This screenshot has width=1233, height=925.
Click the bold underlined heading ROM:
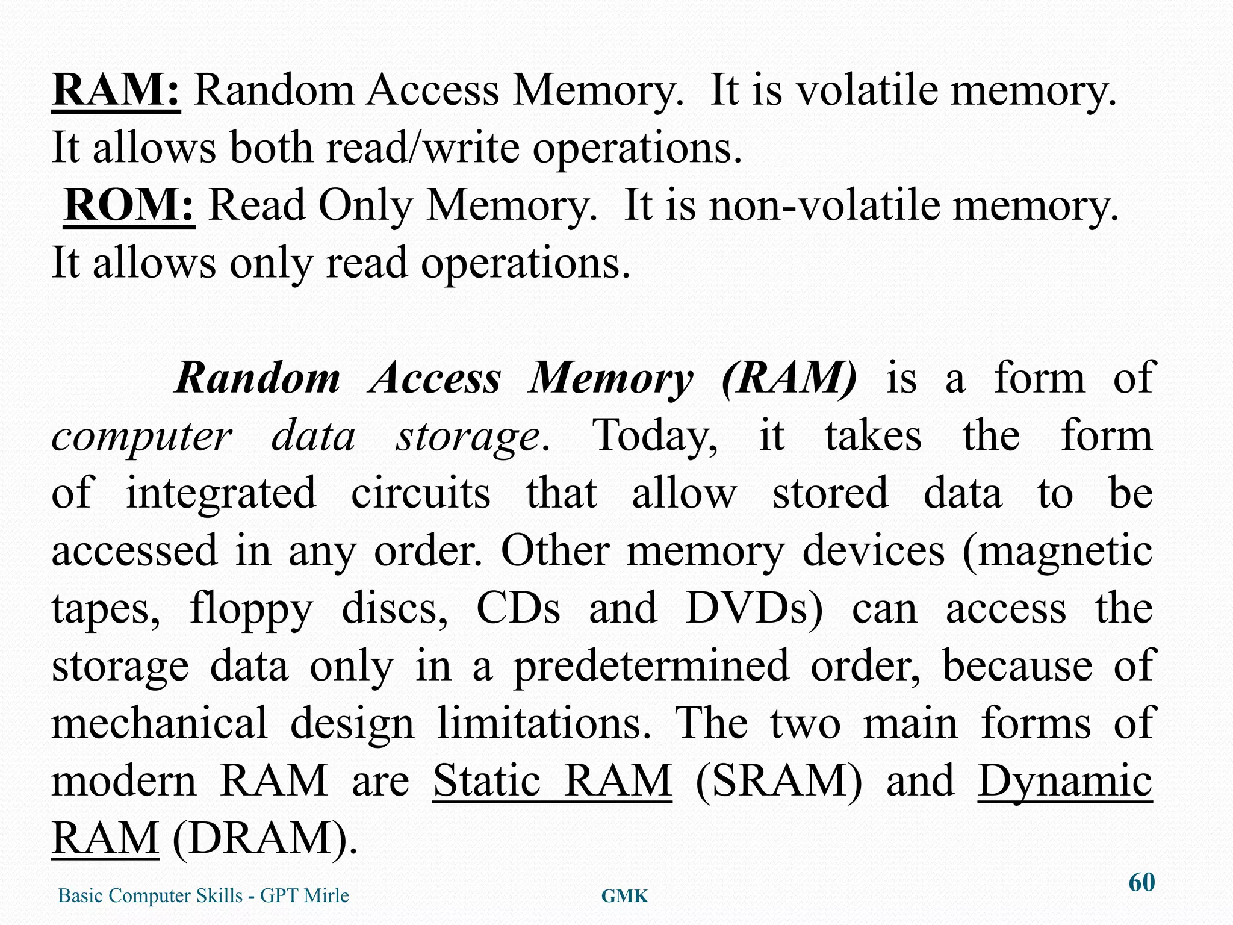129,206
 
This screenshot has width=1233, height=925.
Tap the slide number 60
1141,883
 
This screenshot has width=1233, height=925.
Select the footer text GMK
624,897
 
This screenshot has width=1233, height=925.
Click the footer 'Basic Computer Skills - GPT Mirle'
203,895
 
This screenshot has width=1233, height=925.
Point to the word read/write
422,148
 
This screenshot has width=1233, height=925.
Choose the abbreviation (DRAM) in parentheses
264,838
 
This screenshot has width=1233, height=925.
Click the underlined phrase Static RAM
552,781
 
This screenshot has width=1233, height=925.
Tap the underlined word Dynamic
1064,781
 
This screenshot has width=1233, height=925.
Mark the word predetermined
651,666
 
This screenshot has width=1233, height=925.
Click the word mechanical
160,723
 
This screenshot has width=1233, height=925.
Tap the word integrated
220,493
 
